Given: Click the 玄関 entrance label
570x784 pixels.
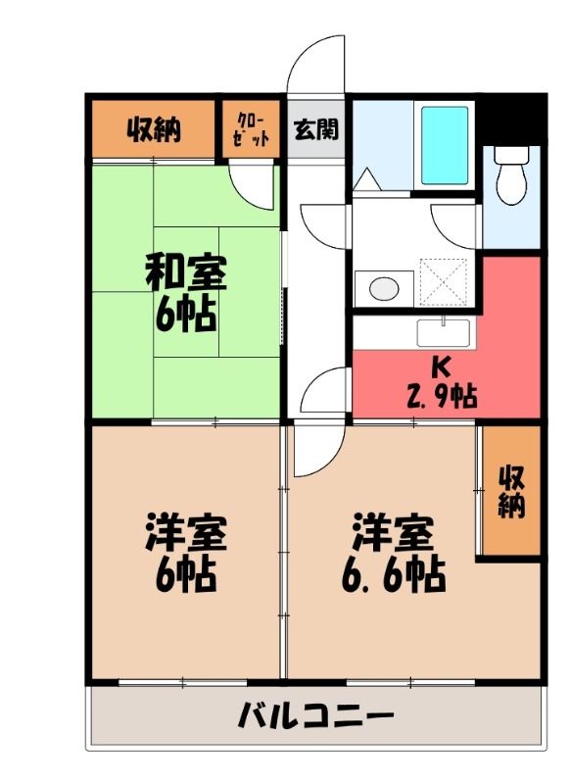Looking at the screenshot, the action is pyautogui.click(x=316, y=129).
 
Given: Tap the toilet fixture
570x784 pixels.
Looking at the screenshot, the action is pyautogui.click(x=511, y=176).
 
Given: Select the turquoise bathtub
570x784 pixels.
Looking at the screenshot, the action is pyautogui.click(x=445, y=145).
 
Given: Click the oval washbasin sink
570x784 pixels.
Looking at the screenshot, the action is pyautogui.click(x=384, y=288).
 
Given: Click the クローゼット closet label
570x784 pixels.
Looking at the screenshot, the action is pyautogui.click(x=252, y=129).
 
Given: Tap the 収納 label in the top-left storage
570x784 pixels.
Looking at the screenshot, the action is pyautogui.click(x=154, y=129).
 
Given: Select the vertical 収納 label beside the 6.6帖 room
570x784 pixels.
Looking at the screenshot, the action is pyautogui.click(x=512, y=491).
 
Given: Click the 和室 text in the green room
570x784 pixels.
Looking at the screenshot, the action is pyautogui.click(x=186, y=272).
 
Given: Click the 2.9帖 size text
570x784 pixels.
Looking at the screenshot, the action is pyautogui.click(x=442, y=396).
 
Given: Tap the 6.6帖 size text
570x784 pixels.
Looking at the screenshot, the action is pyautogui.click(x=393, y=574).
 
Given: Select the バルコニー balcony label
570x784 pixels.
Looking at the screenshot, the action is pyautogui.click(x=315, y=715).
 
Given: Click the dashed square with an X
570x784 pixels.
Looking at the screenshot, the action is pyautogui.click(x=443, y=281).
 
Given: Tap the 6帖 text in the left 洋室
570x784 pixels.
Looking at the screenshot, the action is pyautogui.click(x=185, y=574).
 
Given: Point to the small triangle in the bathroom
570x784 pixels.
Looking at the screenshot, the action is pyautogui.click(x=366, y=179).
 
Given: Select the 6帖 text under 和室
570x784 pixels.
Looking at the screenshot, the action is pyautogui.click(x=185, y=314).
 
